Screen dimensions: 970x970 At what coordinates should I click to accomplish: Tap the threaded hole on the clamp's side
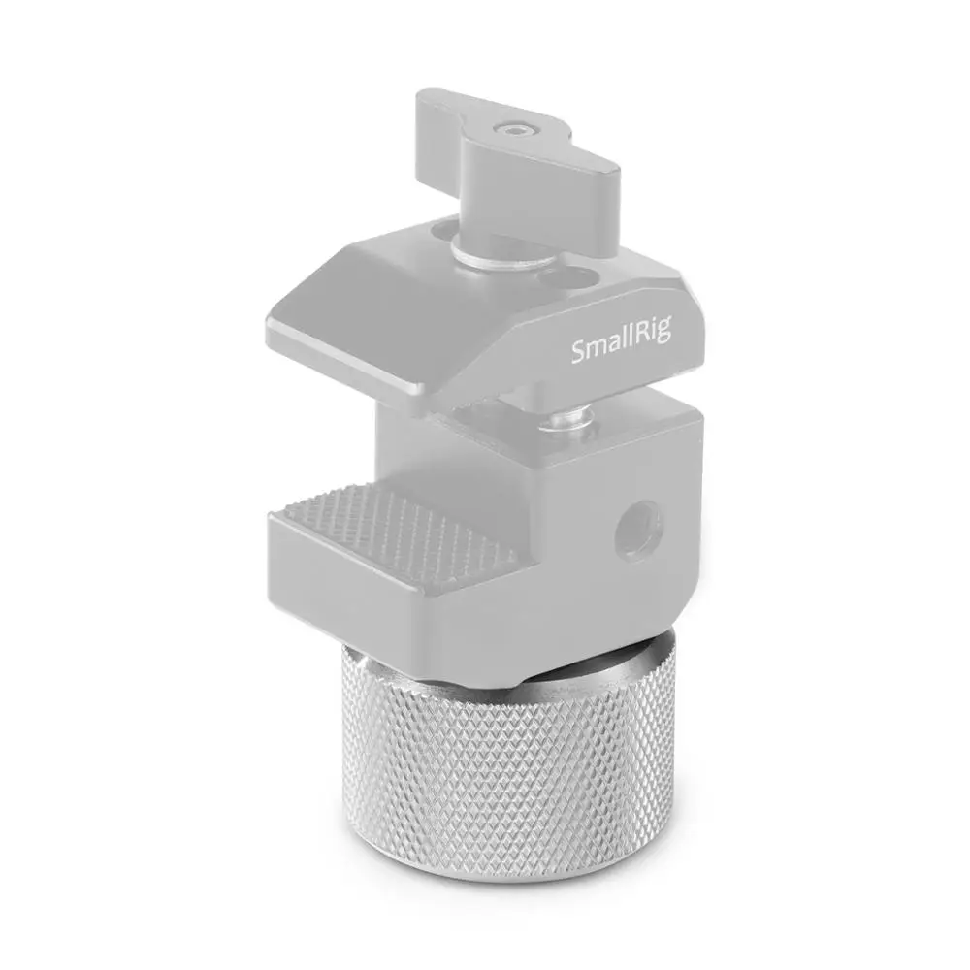click(x=641, y=529)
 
